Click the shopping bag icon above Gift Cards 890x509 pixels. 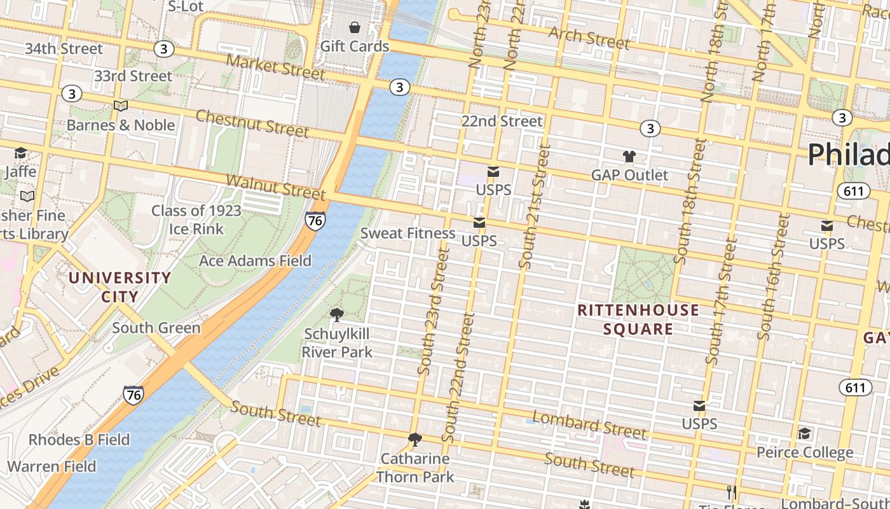pyautogui.click(x=354, y=27)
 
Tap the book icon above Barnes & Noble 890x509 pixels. pyautogui.click(x=121, y=106)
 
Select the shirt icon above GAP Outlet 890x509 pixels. pyautogui.click(x=629, y=156)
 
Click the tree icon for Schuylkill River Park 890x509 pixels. pyautogui.click(x=337, y=314)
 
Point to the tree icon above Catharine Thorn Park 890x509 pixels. pyautogui.click(x=415, y=439)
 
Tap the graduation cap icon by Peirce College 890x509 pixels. pyautogui.click(x=804, y=433)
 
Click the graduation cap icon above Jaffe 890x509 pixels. pyautogui.click(x=20, y=153)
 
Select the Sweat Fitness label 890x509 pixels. pyautogui.click(x=407, y=234)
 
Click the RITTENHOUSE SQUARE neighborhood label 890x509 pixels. pyautogui.click(x=638, y=319)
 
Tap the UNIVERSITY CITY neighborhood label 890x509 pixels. pyautogui.click(x=120, y=287)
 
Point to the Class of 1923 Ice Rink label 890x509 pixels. pyautogui.click(x=196, y=220)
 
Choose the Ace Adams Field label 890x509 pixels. pyautogui.click(x=255, y=260)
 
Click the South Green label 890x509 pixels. pyautogui.click(x=156, y=328)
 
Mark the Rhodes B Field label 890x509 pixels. pyautogui.click(x=79, y=440)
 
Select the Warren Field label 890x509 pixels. pyautogui.click(x=51, y=466)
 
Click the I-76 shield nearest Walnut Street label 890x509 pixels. pyautogui.click(x=315, y=221)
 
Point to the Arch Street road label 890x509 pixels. pyautogui.click(x=589, y=38)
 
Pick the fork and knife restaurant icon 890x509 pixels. pyautogui.click(x=731, y=492)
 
